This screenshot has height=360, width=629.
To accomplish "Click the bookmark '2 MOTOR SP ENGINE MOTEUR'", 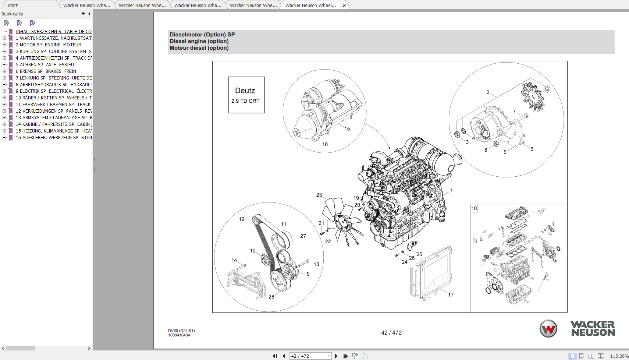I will tap(48, 45).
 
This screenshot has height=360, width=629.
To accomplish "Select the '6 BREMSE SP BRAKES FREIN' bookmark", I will tap(46, 71).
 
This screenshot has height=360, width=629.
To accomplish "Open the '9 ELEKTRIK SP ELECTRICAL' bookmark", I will tap(53, 91).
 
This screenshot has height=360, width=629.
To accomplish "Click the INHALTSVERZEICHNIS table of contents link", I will tap(53, 32).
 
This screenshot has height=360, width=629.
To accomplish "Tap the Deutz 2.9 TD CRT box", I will tap(246, 95).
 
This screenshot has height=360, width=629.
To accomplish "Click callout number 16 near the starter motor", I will tap(325, 144).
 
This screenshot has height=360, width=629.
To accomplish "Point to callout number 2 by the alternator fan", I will tap(488, 92).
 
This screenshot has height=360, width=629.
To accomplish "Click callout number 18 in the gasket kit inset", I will tap(474, 208).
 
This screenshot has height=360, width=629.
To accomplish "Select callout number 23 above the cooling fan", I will tap(319, 195).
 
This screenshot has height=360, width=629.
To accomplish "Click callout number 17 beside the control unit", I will tap(451, 295).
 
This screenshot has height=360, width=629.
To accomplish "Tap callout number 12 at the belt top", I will tap(241, 219).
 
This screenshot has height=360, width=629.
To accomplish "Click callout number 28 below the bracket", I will tap(271, 297).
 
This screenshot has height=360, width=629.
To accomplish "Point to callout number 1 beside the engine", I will tap(451, 191).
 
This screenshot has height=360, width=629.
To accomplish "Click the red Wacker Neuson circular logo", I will tap(548, 328).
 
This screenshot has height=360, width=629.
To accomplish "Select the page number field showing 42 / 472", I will tap(308, 356).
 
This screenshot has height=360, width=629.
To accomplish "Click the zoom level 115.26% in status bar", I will tap(619, 356).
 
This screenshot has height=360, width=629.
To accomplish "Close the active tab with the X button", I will tap(344, 6).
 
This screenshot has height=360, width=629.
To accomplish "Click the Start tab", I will tap(13, 6).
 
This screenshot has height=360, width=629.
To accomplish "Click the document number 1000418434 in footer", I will tap(179, 335).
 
